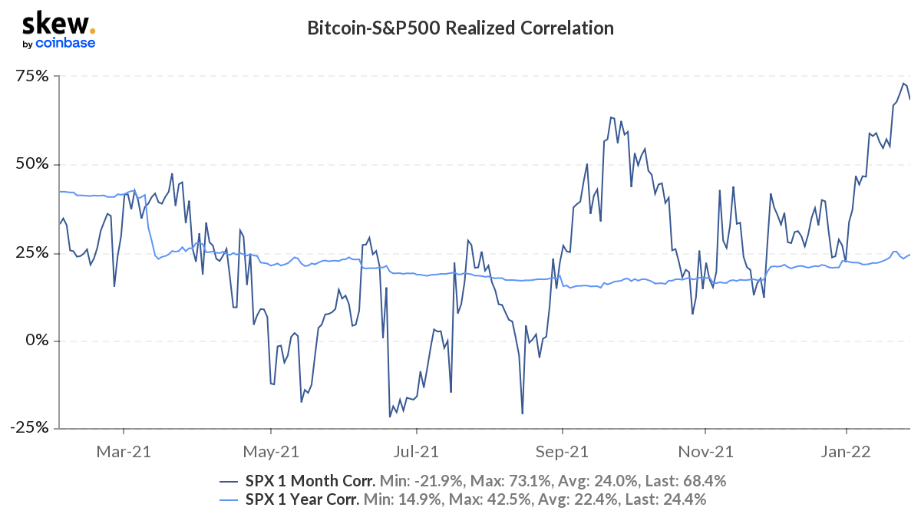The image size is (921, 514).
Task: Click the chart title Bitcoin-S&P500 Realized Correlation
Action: (460, 29)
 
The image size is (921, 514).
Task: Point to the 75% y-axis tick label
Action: (34, 77)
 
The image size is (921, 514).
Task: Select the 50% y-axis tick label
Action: (34, 165)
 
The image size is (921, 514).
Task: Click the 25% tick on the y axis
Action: (34, 253)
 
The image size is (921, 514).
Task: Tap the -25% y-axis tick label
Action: (31, 428)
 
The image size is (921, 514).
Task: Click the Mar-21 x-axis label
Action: (123, 452)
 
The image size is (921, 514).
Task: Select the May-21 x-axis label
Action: (270, 452)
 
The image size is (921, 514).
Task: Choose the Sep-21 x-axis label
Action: (563, 452)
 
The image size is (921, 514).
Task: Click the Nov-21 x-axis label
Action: (705, 452)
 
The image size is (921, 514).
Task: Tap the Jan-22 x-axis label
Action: (845, 452)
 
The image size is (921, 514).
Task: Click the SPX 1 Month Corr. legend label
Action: (309, 481)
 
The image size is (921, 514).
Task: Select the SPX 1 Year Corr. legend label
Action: (302, 500)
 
